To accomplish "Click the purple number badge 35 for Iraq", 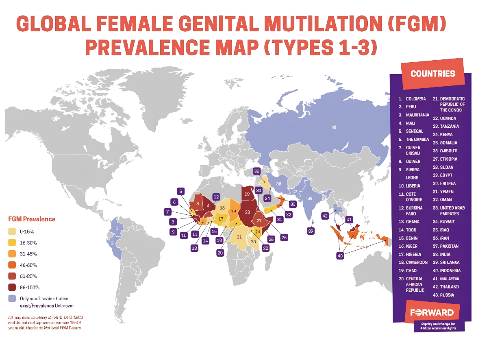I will pyautogui.click(x=256, y=171).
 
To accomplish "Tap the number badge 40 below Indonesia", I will pyautogui.click(x=340, y=255).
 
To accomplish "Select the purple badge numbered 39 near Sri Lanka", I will pyautogui.click(x=311, y=231).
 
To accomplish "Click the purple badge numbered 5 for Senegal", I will pyautogui.click(x=181, y=191).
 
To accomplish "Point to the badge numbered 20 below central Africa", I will pyautogui.click(x=220, y=253).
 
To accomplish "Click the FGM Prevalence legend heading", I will pyautogui.click(x=32, y=219).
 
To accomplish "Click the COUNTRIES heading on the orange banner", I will pyautogui.click(x=432, y=74).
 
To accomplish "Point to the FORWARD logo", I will pyautogui.click(x=432, y=313).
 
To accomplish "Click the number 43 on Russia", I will pyautogui.click(x=334, y=127).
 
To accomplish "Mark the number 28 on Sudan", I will pyautogui.click(x=248, y=212).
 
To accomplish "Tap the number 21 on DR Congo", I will pyautogui.click(x=239, y=237).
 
